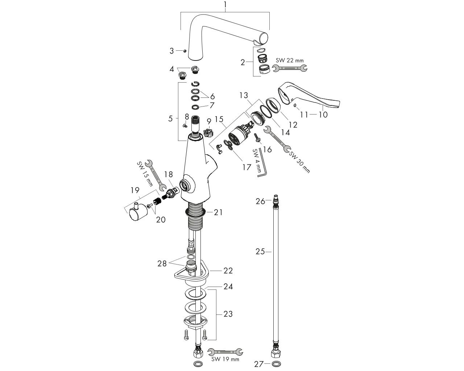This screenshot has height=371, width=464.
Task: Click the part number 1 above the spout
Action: [225, 5]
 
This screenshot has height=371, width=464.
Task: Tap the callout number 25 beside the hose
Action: [260, 251]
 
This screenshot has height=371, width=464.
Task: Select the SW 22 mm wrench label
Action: [290, 60]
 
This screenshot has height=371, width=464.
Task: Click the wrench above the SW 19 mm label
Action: [225, 351]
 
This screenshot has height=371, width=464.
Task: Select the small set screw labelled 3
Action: [185, 51]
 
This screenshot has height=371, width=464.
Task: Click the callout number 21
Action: [218, 212]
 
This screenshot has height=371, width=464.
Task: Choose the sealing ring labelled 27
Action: [276, 363]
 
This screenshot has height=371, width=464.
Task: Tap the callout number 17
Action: [246, 167]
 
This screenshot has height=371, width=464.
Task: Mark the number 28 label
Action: [162, 263]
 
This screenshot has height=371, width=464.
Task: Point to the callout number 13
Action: [244, 95]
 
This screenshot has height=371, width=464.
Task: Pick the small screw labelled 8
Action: [184, 125]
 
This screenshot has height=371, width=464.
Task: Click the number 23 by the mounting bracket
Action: [228, 314]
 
